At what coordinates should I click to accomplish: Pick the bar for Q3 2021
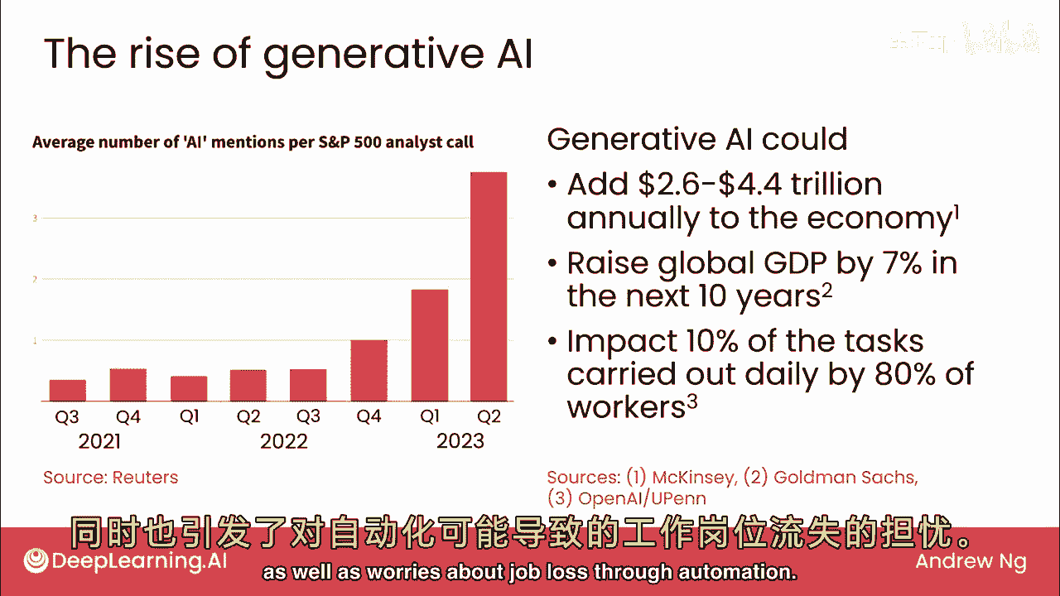coord(68,390)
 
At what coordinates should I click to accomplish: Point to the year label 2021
coord(99,441)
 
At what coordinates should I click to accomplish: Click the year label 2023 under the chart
coord(460,441)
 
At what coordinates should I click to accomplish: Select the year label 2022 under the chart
coord(283,441)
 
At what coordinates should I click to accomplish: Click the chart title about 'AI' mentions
coord(253,142)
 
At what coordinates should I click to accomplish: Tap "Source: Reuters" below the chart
coord(110,478)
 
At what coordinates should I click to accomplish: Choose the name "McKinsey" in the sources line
coord(694,478)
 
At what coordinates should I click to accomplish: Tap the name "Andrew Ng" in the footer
coord(971,562)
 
